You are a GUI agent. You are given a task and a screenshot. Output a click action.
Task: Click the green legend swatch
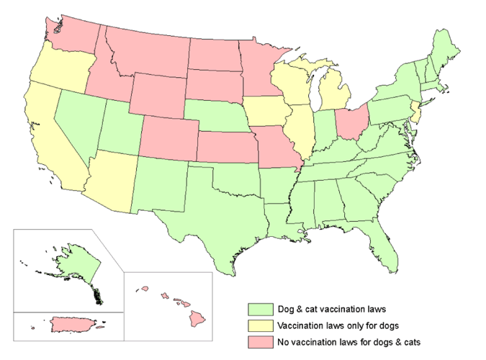point(259,309)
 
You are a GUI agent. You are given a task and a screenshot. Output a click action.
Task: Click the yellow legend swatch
point(259,324)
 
